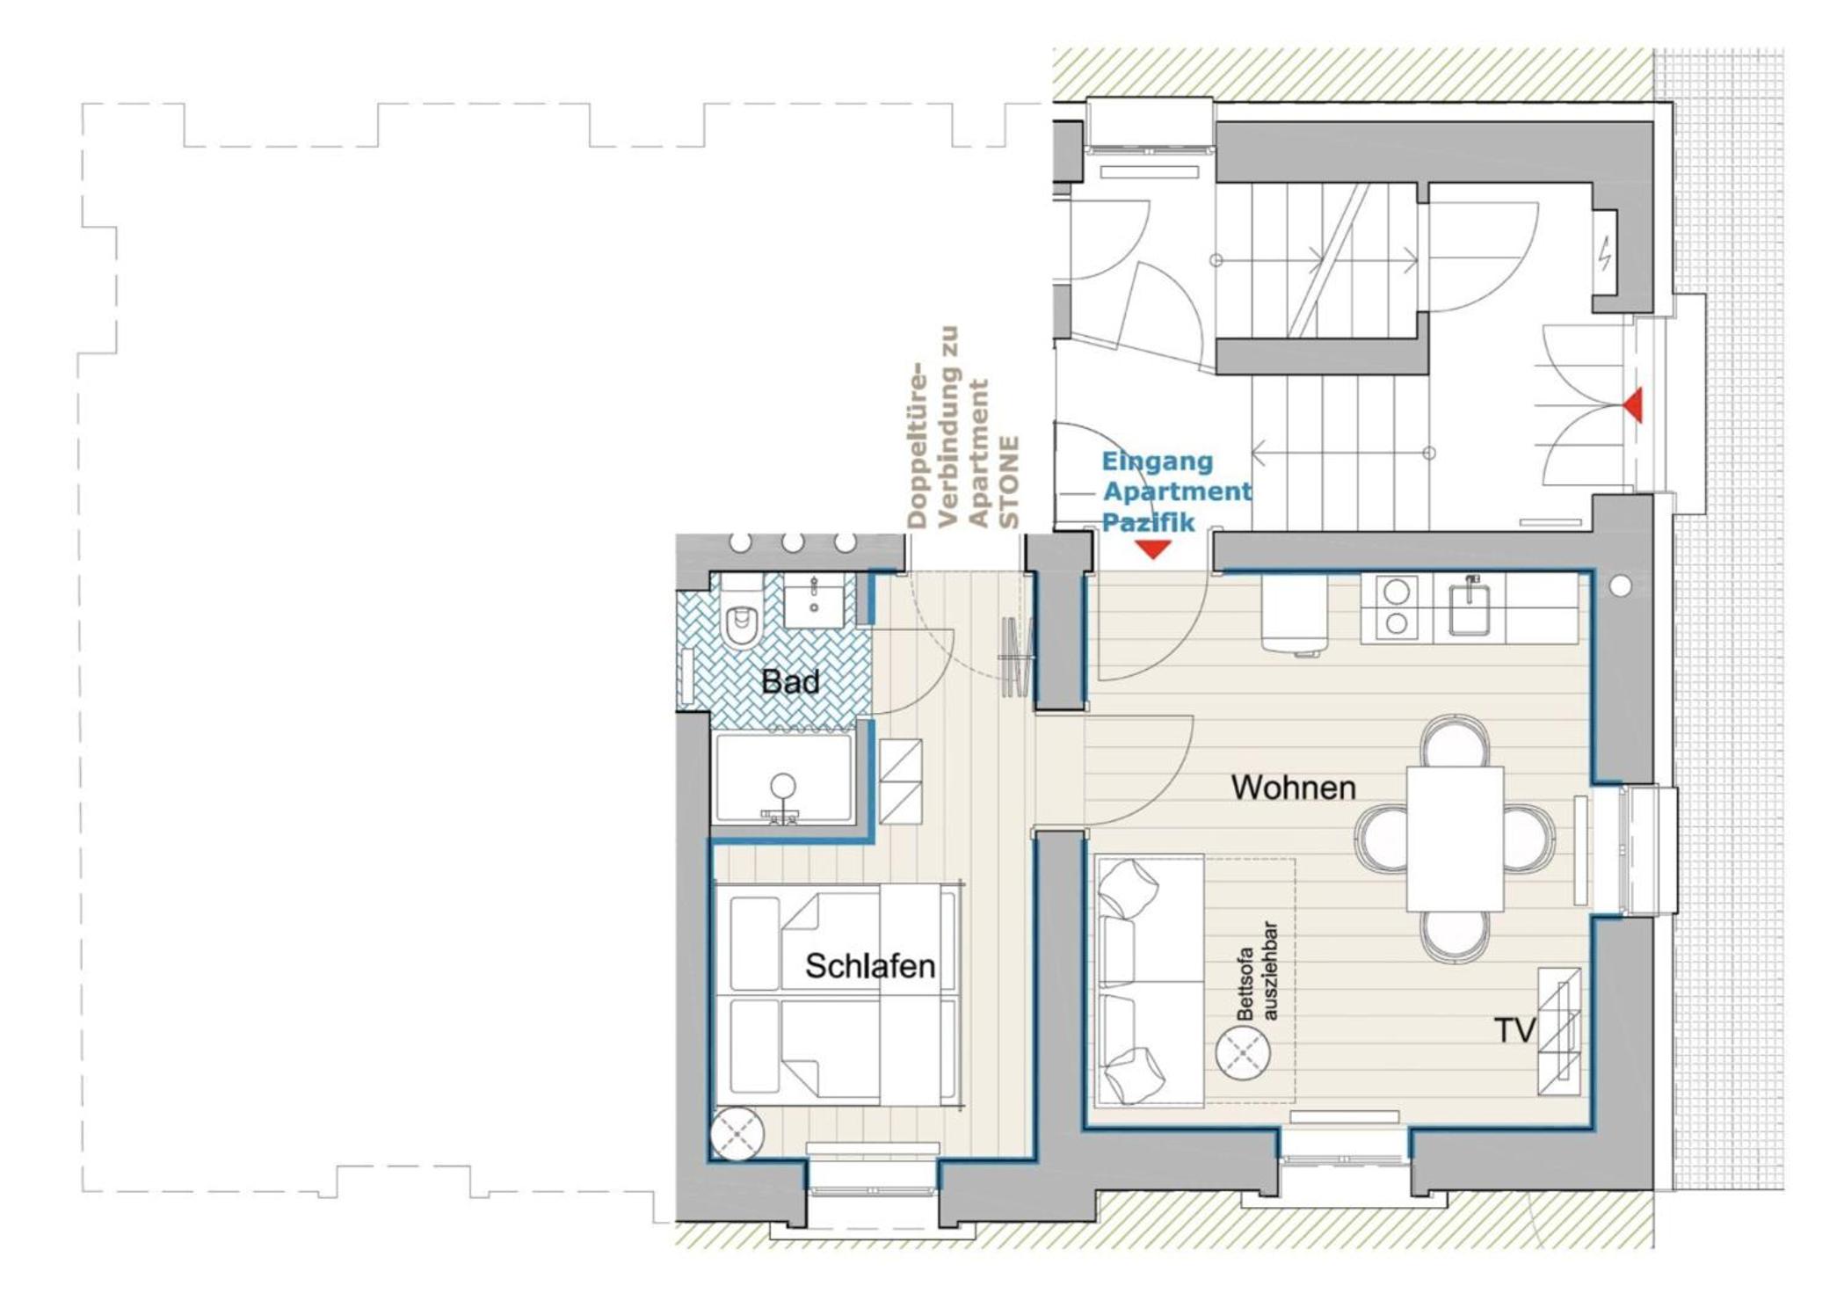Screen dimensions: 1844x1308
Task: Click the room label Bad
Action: tap(790, 682)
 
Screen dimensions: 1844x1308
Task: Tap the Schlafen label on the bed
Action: tap(870, 967)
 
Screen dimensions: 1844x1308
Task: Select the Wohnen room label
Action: tap(1293, 788)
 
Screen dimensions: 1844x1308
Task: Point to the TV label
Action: tap(1514, 1030)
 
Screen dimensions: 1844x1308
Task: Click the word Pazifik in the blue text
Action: tap(1149, 522)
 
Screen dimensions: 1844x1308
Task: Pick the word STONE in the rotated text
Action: tap(1011, 483)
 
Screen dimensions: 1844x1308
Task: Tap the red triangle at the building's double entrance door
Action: tap(1632, 405)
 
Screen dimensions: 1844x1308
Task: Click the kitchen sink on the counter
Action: tap(1469, 606)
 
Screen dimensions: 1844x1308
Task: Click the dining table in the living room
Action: tap(1455, 839)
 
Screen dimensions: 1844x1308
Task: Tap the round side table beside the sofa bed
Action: tap(1242, 1052)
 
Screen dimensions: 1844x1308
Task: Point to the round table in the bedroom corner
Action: tap(737, 1133)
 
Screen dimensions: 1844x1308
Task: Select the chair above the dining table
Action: tap(1456, 740)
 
